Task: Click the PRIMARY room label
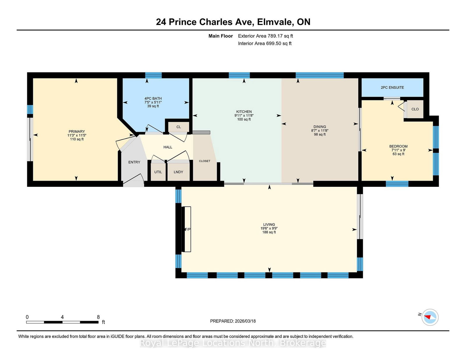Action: (x=77, y=132)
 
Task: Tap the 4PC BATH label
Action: (x=153, y=98)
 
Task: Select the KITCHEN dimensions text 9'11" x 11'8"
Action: (x=244, y=116)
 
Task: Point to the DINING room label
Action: (x=320, y=127)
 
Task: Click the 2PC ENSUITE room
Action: (x=392, y=87)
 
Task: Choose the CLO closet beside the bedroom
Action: (x=415, y=109)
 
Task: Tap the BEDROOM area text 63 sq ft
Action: (x=398, y=154)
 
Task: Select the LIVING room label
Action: (x=269, y=224)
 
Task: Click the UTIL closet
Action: (x=158, y=172)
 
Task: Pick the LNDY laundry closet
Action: (x=178, y=172)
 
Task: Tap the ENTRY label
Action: (x=134, y=162)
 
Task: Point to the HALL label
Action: (x=168, y=147)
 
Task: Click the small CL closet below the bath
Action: (x=179, y=127)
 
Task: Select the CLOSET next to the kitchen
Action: (x=204, y=161)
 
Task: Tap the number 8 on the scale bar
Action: (x=98, y=317)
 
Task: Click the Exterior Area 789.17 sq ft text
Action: (x=265, y=36)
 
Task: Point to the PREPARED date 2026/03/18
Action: (x=233, y=321)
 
